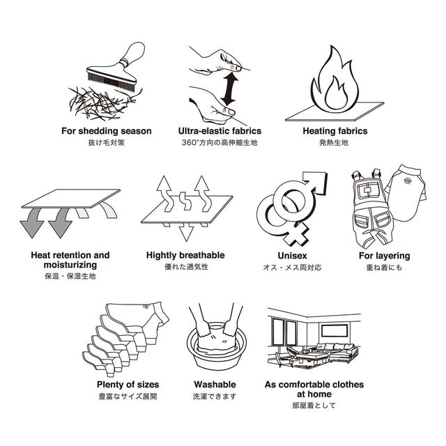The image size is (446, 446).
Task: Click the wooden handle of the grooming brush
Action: pyautogui.click(x=134, y=54)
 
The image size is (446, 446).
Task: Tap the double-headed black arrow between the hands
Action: pyautogui.click(x=229, y=89)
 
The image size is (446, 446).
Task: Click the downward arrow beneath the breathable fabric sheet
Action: pyautogui.click(x=186, y=232)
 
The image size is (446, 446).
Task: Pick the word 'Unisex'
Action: pyautogui.click(x=292, y=256)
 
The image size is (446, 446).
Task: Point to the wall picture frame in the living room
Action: pyautogui.click(x=334, y=331)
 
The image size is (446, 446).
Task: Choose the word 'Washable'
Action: pyautogui.click(x=215, y=385)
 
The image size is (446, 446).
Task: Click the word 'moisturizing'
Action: pyautogui.click(x=70, y=265)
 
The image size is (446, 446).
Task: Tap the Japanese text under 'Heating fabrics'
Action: pyautogui.click(x=334, y=142)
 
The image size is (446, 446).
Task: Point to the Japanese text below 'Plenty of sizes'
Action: pyautogui.click(x=128, y=397)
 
